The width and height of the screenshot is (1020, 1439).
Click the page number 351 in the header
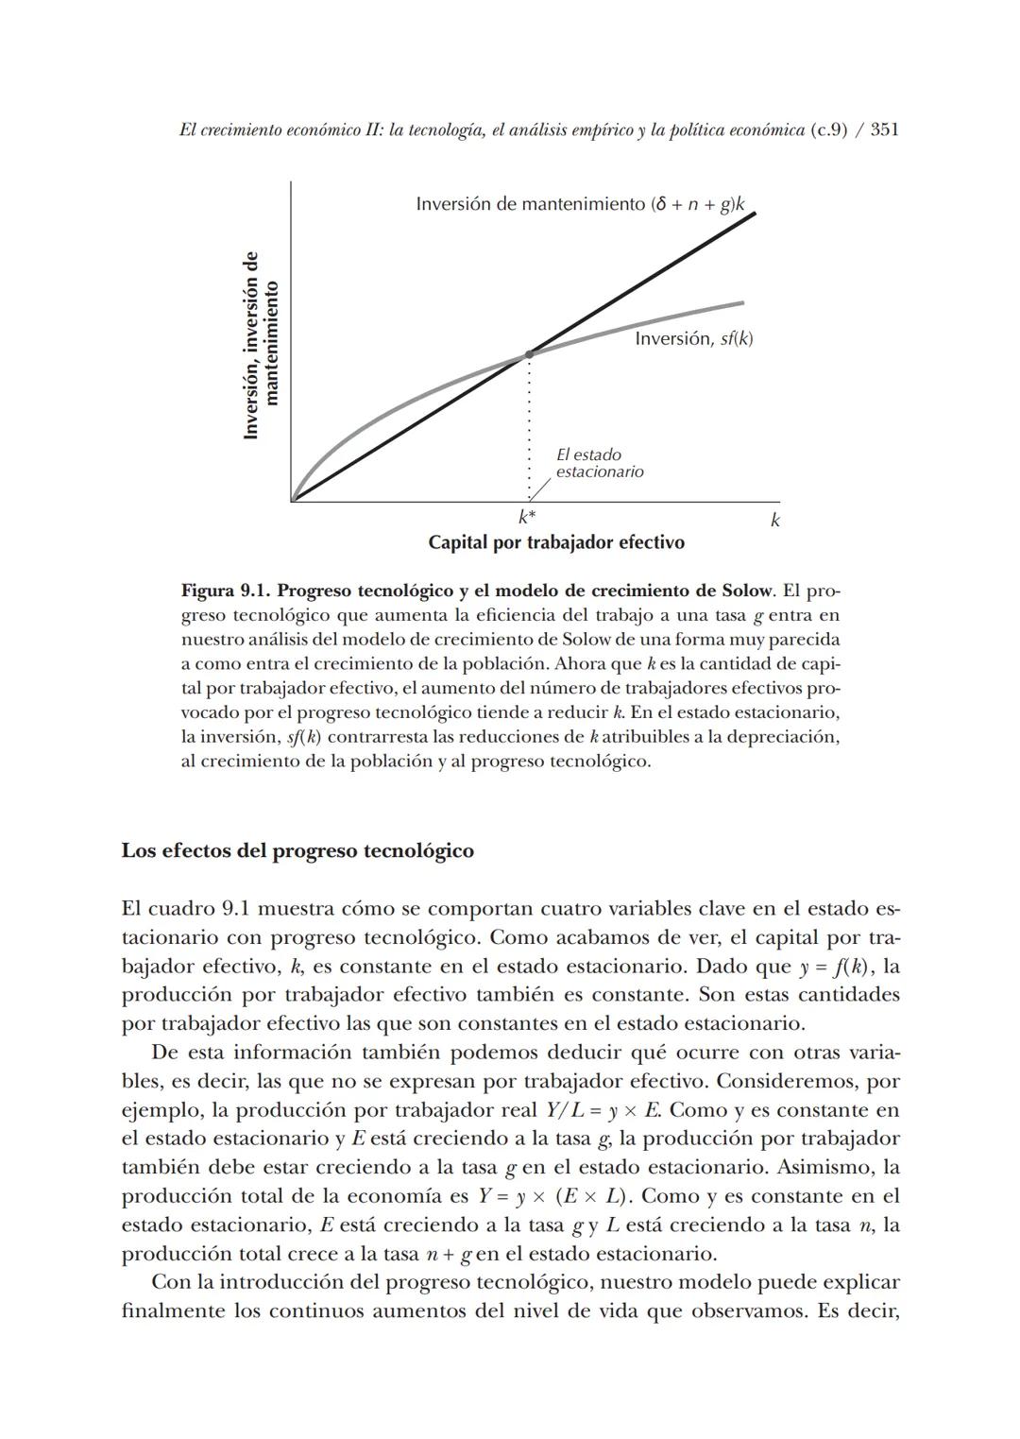coord(883,130)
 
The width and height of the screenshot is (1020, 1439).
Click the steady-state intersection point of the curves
coord(529,353)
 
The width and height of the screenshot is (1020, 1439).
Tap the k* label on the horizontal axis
coord(527,517)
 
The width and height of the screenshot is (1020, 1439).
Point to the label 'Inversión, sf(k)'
coord(694,338)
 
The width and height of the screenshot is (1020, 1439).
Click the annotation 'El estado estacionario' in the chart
coord(599,463)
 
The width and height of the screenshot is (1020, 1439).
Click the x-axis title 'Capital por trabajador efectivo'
coord(556,542)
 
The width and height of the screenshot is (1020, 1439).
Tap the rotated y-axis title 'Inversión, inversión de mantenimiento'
coord(262,344)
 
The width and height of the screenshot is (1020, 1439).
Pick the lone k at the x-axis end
coord(774,520)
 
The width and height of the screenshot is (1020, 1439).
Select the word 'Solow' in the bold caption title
coord(747,591)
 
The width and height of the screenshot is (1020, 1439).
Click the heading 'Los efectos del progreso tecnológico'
coord(297,850)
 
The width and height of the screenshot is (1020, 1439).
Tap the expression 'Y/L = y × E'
coord(603,1110)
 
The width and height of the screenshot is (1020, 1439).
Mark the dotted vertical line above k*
coord(529,425)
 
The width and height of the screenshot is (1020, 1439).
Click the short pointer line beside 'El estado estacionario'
coord(539,488)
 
